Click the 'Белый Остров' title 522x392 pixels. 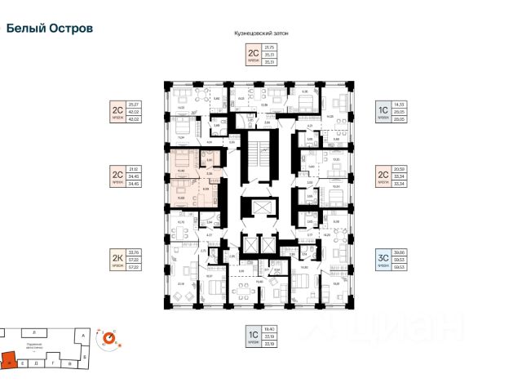pyautogui.click(x=49, y=27)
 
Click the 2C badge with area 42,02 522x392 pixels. pyautogui.click(x=117, y=111)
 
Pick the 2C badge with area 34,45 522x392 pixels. pyautogui.click(x=117, y=177)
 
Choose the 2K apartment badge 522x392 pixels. pyautogui.click(x=117, y=260)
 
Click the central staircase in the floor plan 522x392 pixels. pyautogui.click(x=260, y=155)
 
